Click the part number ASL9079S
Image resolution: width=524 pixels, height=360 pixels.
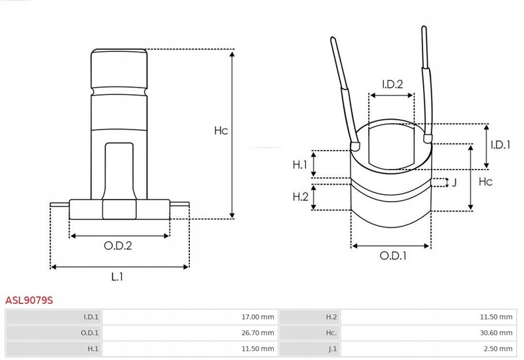pyautogui.click(x=29, y=300)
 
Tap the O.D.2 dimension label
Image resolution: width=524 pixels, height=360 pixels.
pyautogui.click(x=119, y=246)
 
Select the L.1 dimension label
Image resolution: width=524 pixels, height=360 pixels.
pyautogui.click(x=117, y=277)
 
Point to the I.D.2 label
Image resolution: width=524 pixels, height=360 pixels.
pyautogui.click(x=392, y=84)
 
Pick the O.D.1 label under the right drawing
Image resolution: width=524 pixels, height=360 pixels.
pyautogui.click(x=393, y=257)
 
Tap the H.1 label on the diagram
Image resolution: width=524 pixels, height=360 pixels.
pyautogui.click(x=300, y=164)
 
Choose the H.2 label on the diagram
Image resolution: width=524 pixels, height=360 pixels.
pyautogui.click(x=300, y=196)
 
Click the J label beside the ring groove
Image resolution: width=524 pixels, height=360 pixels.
pyautogui.click(x=453, y=183)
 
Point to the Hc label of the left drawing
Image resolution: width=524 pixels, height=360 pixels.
pyautogui.click(x=221, y=130)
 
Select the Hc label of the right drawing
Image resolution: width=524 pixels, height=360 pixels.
pyautogui.click(x=485, y=181)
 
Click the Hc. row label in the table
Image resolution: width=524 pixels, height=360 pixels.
pyautogui.click(x=331, y=333)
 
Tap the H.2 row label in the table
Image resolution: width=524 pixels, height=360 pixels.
pyautogui.click(x=331, y=317)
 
